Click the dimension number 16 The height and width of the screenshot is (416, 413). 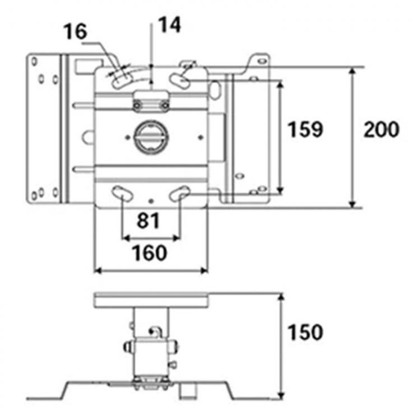click(75, 31)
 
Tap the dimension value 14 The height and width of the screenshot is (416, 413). click(169, 25)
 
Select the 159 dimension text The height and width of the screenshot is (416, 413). click(305, 129)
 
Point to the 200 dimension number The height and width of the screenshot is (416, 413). click(382, 129)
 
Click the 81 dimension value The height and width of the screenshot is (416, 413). click(148, 221)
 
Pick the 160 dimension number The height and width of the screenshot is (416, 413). click(150, 253)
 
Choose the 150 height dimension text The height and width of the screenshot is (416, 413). click(305, 332)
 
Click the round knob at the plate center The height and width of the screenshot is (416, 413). click(151, 137)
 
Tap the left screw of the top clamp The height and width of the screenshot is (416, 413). click(137, 106)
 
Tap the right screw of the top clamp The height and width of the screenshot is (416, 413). click(165, 106)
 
